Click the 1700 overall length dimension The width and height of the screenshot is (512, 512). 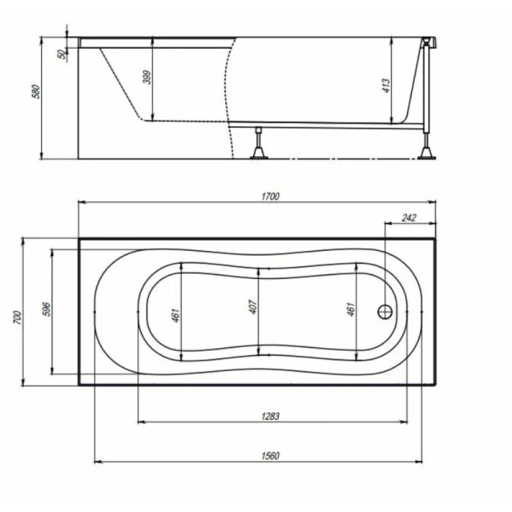[271, 196]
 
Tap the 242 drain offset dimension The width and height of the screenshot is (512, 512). [409, 218]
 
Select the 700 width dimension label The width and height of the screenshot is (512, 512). [18, 317]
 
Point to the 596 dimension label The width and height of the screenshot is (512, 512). [47, 309]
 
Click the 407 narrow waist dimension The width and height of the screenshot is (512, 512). [253, 307]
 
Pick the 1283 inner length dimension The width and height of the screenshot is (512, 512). [271, 417]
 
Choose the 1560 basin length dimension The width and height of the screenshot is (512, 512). [271, 456]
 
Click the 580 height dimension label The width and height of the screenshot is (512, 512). [36, 92]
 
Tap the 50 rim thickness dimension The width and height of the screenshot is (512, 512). [61, 54]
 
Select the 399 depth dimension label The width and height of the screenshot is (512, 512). [147, 77]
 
